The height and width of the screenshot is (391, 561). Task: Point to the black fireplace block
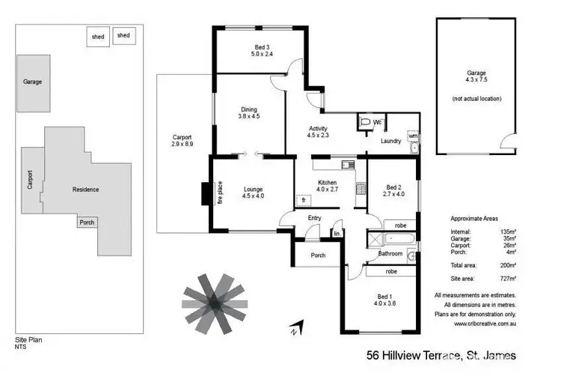pos(206,193)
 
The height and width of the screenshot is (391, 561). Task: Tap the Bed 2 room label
pos(393,191)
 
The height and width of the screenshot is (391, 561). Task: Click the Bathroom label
pos(390,254)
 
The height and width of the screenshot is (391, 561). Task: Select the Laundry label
pos(391,141)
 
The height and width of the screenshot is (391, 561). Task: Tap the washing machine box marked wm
pos(413,136)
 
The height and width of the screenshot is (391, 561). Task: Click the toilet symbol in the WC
pos(364,122)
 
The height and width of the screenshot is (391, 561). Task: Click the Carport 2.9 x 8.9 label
pos(183,141)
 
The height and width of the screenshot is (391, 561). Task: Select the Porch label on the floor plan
pos(318,255)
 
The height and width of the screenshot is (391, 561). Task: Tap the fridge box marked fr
pos(304,200)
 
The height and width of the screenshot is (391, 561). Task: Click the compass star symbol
pos(214,301)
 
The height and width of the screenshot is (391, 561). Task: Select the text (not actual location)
pos(476,98)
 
